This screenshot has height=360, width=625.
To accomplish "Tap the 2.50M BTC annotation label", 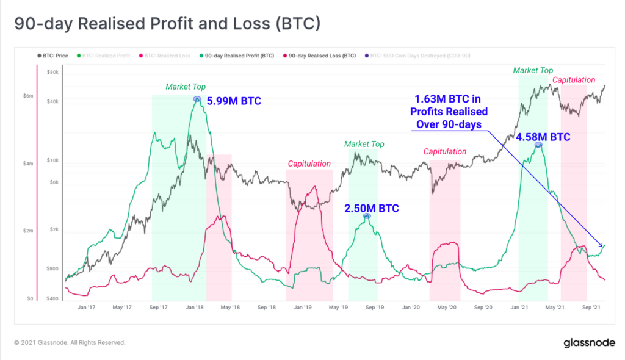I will click(x=371, y=209).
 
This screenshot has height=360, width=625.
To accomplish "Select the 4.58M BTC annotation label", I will click(x=543, y=137).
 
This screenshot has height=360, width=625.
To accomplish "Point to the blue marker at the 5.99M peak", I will click(x=197, y=98).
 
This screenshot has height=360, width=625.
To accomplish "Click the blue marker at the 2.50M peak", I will click(x=366, y=216).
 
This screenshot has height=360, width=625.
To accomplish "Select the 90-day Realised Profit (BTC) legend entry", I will click(x=240, y=56).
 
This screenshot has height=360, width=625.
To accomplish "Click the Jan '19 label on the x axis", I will click(x=303, y=308).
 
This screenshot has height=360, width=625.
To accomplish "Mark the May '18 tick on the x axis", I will click(x=231, y=308).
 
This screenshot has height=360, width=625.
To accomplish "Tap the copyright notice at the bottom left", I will click(x=70, y=343).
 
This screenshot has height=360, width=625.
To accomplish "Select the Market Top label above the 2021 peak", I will click(x=533, y=71).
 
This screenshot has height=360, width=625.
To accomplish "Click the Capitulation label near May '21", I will click(x=574, y=80).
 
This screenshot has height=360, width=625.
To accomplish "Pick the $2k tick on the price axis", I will click(x=53, y=230).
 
